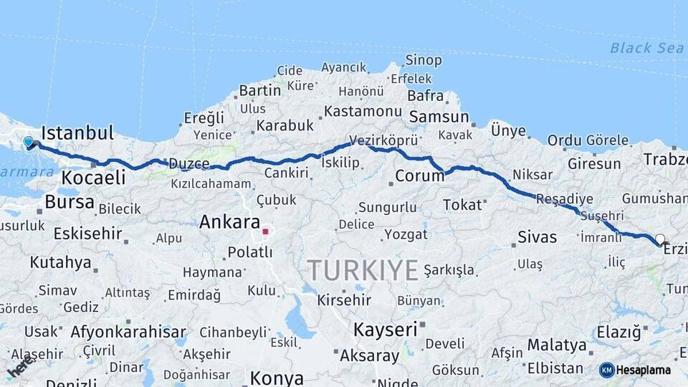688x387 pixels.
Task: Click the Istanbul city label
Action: click(x=77, y=133)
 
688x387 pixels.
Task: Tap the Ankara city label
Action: click(x=229, y=221)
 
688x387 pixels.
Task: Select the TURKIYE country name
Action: click(x=363, y=271)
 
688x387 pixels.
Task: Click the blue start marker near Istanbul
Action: click(x=29, y=142)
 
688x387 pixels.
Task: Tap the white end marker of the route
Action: click(x=659, y=239)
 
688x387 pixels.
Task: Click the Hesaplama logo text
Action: click(x=644, y=370)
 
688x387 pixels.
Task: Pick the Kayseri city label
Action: click(x=385, y=330)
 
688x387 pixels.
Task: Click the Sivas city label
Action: click(x=537, y=236)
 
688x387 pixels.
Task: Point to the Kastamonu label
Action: click(x=362, y=111)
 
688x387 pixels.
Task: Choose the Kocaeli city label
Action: click(x=94, y=178)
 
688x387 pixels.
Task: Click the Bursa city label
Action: click(x=70, y=202)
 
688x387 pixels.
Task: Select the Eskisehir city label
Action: click(x=78, y=234)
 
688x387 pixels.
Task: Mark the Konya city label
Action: click(x=276, y=378)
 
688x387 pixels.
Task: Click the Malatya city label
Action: click(x=557, y=345)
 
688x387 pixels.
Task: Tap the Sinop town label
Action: click(x=424, y=60)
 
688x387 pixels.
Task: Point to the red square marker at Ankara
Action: click(x=265, y=231)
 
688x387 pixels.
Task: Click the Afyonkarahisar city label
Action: click(x=128, y=332)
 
